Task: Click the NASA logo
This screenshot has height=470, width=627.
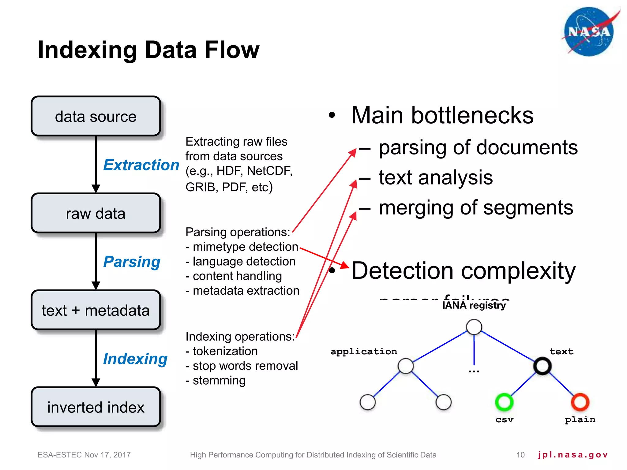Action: point(589,32)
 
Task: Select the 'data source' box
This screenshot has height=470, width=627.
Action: point(96,116)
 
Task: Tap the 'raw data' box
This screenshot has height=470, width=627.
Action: point(96,213)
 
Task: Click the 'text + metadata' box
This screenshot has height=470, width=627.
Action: point(96,310)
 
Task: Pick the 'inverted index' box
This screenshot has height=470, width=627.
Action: point(96,407)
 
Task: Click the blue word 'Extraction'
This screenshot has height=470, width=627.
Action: point(141,165)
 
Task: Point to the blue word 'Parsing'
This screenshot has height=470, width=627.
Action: point(132,262)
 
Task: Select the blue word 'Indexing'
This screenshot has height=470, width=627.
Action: point(135,359)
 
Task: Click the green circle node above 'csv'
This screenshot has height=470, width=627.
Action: point(504,402)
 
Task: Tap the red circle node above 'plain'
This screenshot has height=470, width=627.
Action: point(580,402)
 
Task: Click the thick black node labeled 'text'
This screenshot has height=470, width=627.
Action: point(542,366)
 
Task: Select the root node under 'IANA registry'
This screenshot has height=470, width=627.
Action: point(474,327)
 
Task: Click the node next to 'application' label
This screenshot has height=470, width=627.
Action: point(406,366)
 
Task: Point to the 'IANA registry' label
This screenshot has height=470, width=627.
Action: point(474,305)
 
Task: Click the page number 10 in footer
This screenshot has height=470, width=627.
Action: point(520,455)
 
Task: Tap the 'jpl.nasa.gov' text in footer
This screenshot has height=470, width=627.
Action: point(573,455)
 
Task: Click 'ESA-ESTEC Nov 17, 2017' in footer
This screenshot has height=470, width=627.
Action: point(84,455)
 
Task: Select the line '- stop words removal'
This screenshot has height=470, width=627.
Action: point(242,366)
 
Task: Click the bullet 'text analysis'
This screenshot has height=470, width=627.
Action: point(436,177)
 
